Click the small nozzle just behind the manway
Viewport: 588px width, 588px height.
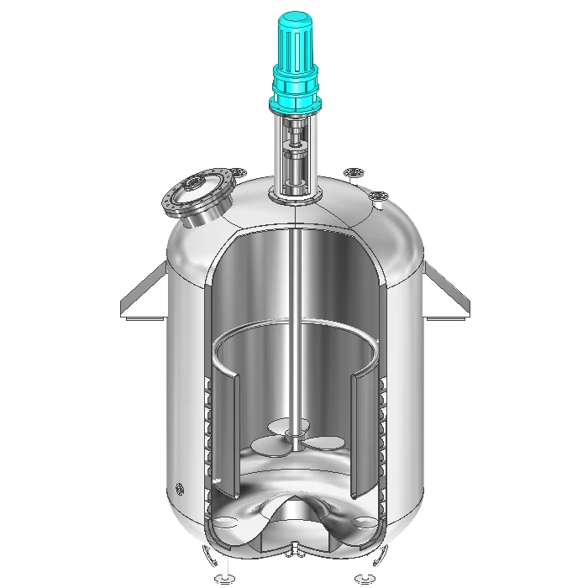click(241, 173)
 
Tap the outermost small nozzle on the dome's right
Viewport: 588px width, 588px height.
click(381, 199)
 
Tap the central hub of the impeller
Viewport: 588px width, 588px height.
click(293, 434)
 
